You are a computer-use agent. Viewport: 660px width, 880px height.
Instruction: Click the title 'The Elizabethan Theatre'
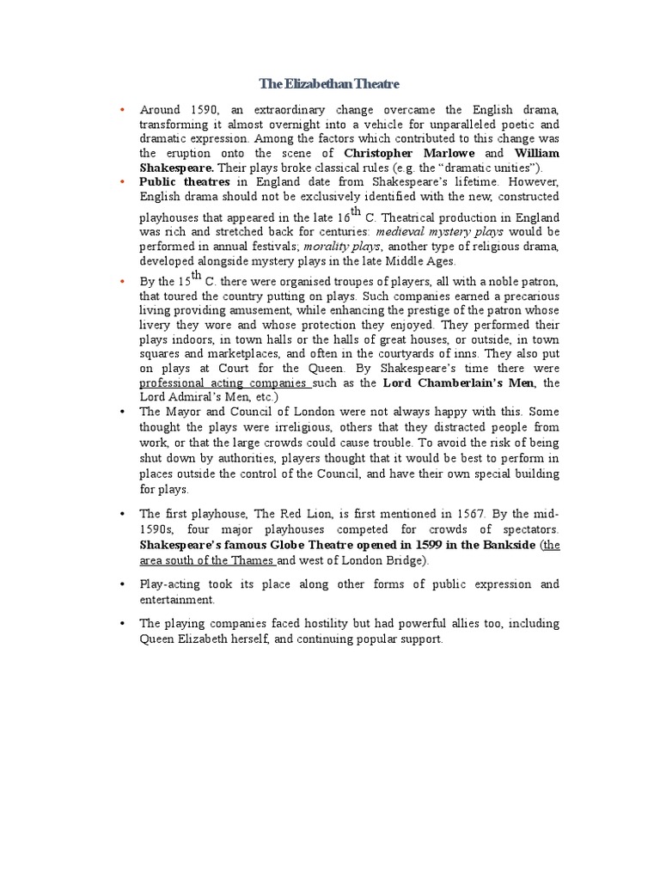point(330,84)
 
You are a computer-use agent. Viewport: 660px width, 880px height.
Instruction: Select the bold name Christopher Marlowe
point(396,153)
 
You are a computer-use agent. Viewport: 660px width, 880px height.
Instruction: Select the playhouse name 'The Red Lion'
point(287,513)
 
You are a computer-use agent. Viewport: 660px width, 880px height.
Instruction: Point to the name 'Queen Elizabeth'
point(182,639)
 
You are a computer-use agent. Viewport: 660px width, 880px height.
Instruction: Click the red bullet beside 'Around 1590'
point(123,110)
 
